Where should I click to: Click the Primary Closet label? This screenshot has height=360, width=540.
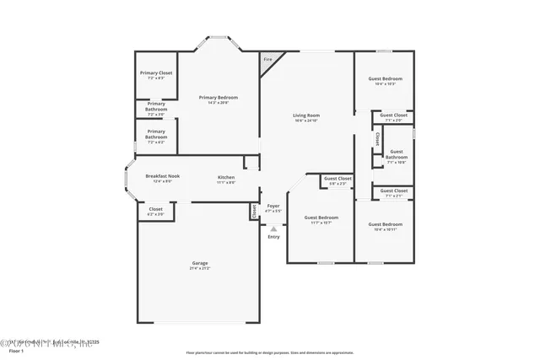pos(155,73)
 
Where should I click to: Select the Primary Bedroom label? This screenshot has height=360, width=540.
pos(219,99)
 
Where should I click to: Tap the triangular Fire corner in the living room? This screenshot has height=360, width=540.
pos(268,60)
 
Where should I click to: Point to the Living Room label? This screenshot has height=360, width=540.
pos(306,116)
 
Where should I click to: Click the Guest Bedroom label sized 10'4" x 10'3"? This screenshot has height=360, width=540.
pos(385,79)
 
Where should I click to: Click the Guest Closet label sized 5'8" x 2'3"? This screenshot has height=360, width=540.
pos(337,179)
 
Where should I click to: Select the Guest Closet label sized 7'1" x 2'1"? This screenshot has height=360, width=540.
pos(394,191)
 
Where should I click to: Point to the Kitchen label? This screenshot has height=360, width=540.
pos(226,176)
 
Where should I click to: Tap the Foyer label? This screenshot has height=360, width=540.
pos(273,207)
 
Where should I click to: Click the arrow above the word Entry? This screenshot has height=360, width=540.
pos(273,227)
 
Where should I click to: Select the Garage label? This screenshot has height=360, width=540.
pos(199,264)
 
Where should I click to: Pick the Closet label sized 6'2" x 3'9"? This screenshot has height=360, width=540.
pos(156,209)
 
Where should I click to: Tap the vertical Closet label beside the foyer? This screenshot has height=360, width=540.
pos(252,212)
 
